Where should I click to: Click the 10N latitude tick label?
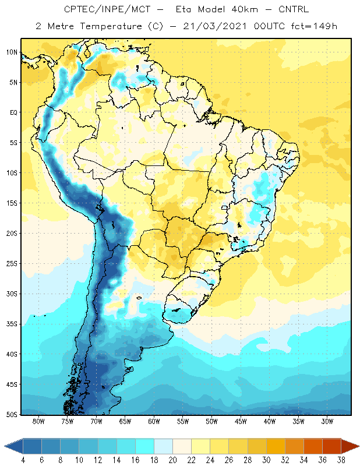click(x=12, y=52)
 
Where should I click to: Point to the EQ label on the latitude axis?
click(x=13, y=112)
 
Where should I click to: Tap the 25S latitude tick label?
click(x=12, y=264)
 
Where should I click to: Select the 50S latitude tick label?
click(x=12, y=414)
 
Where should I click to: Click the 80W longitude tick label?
click(x=38, y=421)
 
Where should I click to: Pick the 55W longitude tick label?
click(x=183, y=421)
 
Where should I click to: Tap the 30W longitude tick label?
click(x=327, y=421)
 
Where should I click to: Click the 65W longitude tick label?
click(x=125, y=421)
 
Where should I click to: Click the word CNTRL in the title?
click(x=294, y=9)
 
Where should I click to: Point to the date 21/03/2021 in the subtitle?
click(x=215, y=26)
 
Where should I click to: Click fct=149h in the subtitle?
click(x=314, y=26)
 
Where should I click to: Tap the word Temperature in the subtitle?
click(x=111, y=26)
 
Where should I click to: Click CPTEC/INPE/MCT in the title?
click(x=107, y=9)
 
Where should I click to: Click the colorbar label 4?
click(x=23, y=460)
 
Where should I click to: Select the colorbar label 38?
click(x=341, y=460)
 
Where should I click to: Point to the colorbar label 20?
click(x=172, y=460)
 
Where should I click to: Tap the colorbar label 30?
click(x=266, y=460)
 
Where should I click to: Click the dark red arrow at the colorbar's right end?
click(x=349, y=446)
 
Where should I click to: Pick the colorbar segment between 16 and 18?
click(x=145, y=446)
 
